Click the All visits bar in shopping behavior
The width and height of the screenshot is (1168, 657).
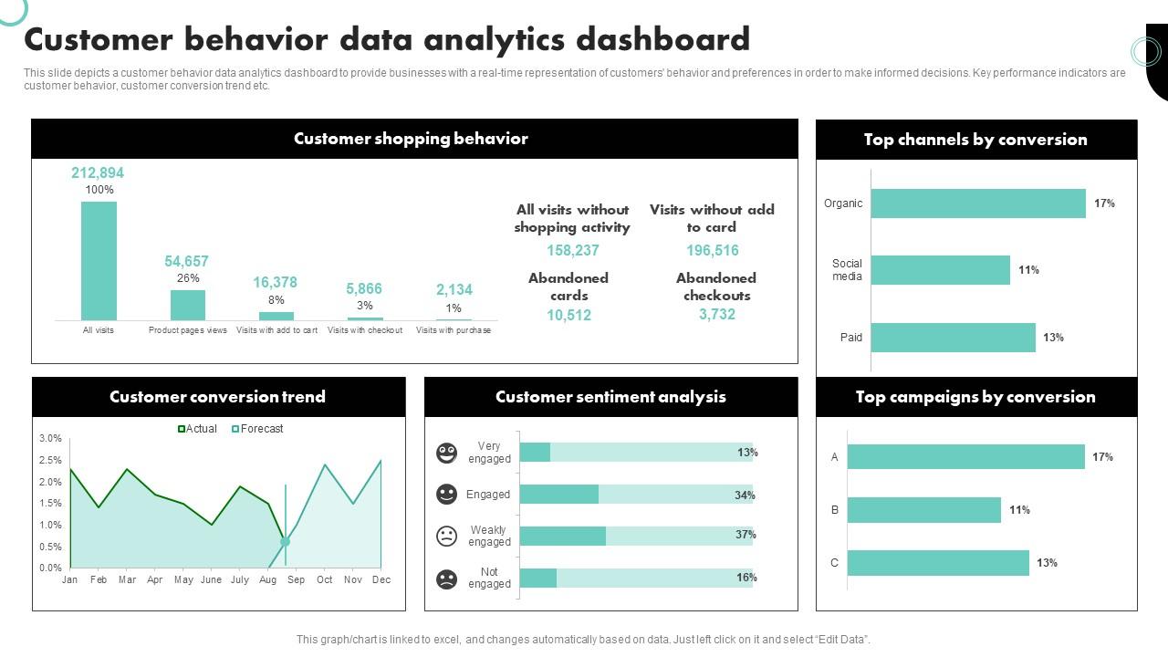99,260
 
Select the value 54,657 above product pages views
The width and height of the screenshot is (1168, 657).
187,261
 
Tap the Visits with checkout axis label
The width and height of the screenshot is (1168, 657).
365,330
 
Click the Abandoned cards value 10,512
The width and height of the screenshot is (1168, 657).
569,316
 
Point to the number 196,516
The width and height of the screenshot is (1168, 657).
713,251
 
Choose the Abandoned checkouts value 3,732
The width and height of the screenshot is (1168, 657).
717,315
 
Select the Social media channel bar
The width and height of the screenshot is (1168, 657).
940,270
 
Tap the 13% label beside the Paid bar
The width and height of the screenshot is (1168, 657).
1053,338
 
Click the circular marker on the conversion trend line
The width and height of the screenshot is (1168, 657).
286,541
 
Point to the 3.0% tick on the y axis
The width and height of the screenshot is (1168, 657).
50,439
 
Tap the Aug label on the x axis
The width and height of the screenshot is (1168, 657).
268,579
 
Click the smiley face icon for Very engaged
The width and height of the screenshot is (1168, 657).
446,453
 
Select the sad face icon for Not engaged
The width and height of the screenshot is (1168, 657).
446,579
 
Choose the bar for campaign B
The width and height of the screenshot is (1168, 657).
923,510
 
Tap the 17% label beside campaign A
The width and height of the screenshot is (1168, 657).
1102,457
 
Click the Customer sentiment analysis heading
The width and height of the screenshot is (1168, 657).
610,397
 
